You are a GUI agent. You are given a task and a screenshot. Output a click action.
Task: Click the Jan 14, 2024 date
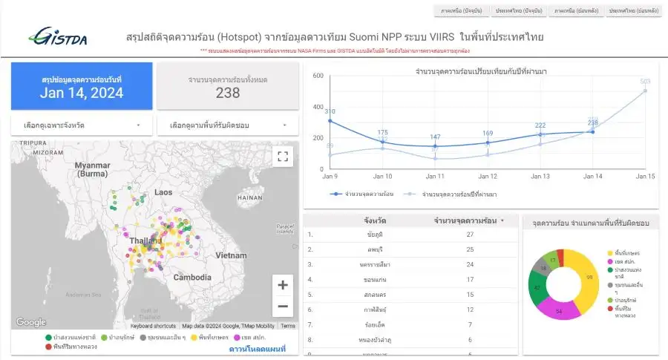82,93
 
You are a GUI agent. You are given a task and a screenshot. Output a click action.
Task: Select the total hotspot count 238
228,93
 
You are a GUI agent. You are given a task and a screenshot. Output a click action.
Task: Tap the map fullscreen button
282,156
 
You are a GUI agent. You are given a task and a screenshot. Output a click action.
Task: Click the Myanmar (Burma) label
92,168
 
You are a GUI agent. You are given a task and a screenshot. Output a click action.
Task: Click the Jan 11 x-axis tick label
435,176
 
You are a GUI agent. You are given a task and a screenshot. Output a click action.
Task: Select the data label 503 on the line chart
645,82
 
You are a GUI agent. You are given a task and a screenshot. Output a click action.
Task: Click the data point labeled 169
488,143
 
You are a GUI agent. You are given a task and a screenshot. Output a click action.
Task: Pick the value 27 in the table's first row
470,235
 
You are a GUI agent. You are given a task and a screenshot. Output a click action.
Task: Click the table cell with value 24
470,264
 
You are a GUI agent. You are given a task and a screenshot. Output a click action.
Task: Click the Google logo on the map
31,322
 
